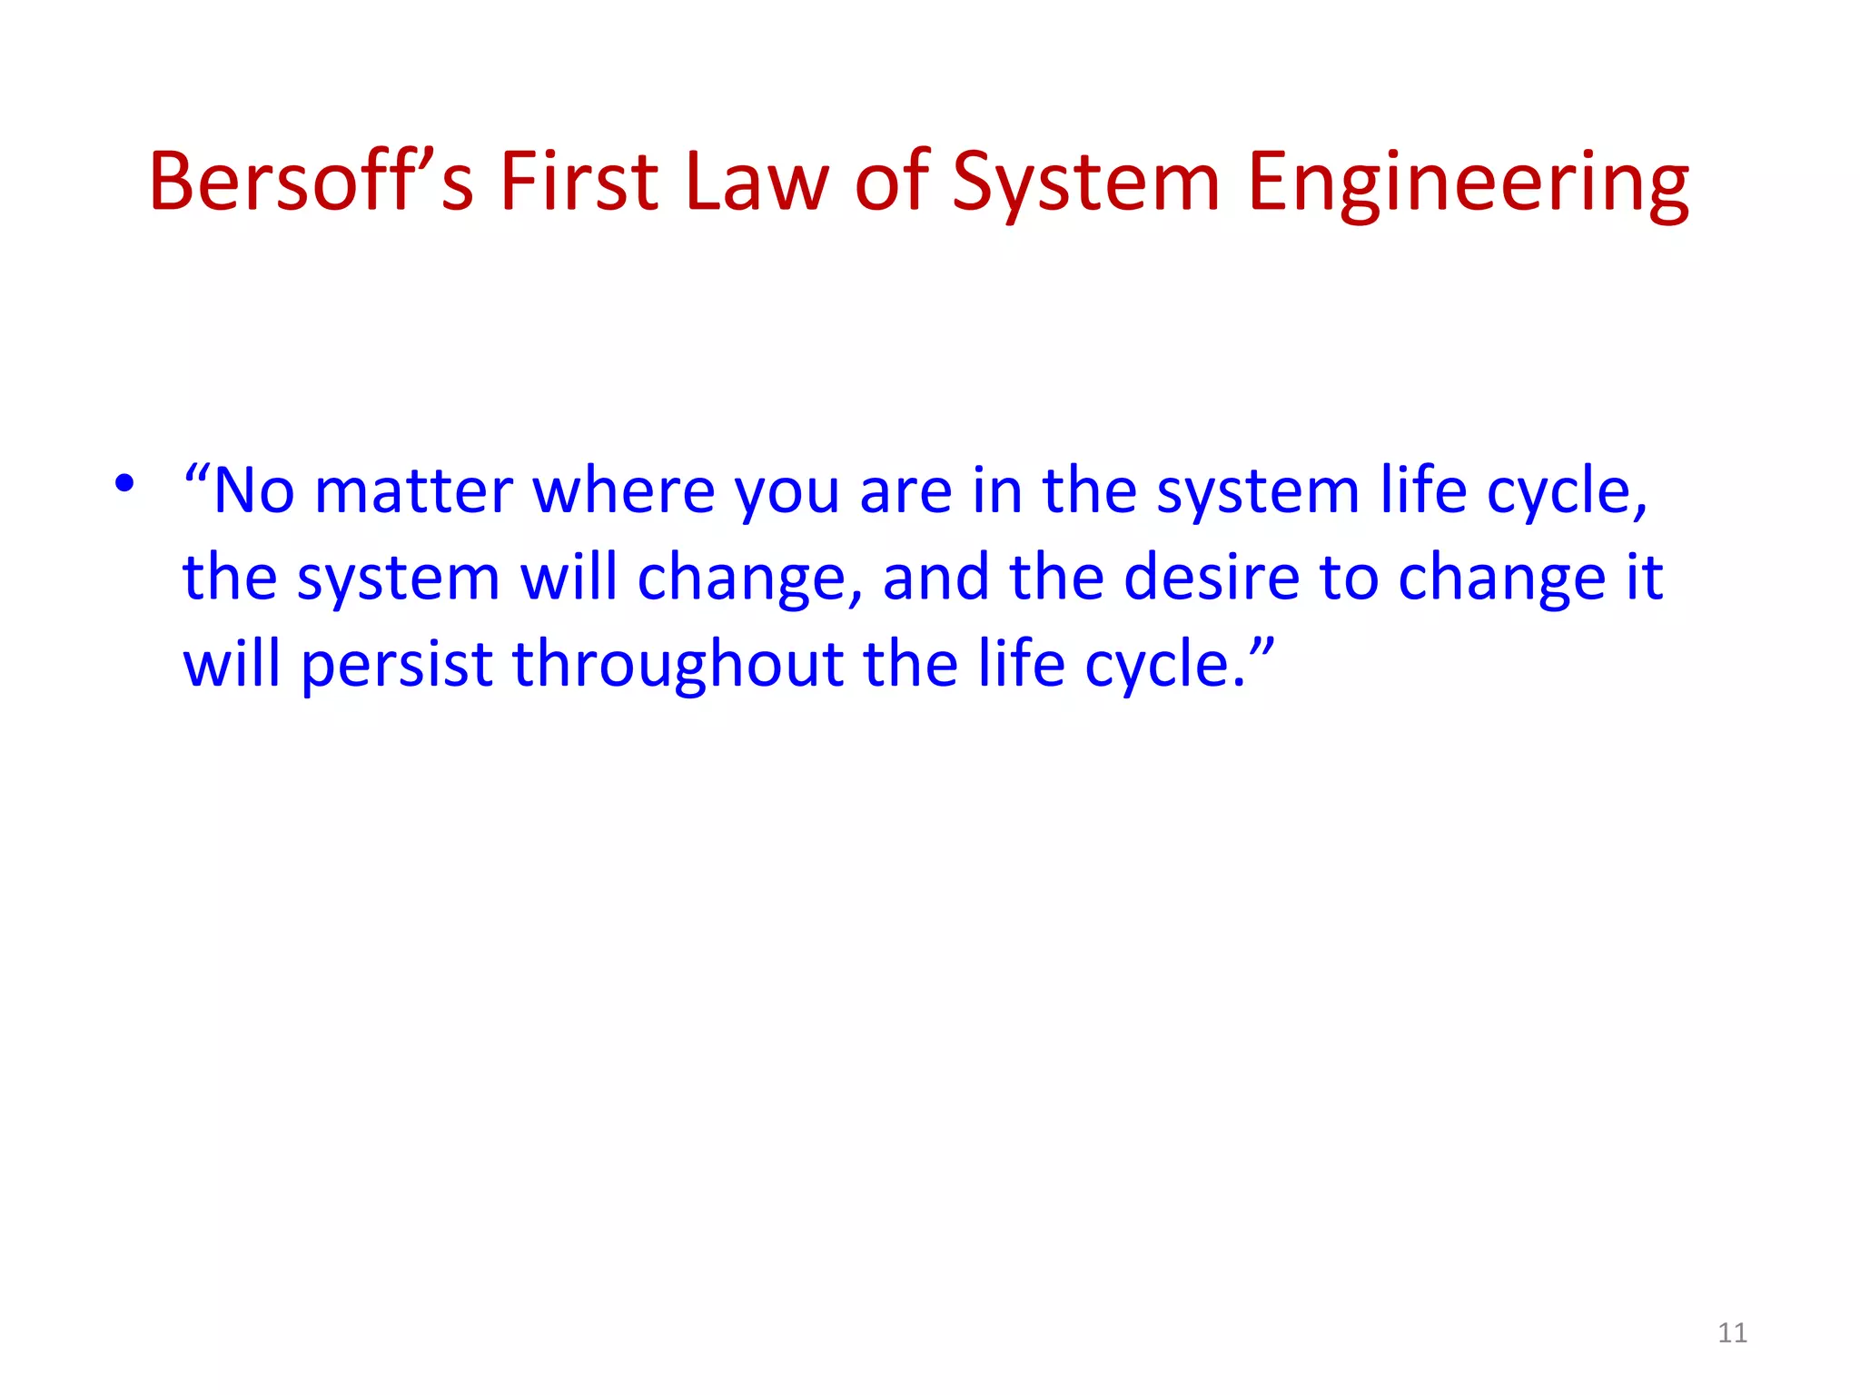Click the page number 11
coord(1732,1333)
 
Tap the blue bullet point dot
coord(124,483)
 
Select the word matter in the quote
coord(414,491)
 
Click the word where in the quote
coord(623,491)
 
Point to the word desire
coord(1212,578)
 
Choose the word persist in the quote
coord(397,665)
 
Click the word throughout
coord(678,665)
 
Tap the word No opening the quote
coord(253,491)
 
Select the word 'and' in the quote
coord(935,578)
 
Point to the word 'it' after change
coord(1645,578)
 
